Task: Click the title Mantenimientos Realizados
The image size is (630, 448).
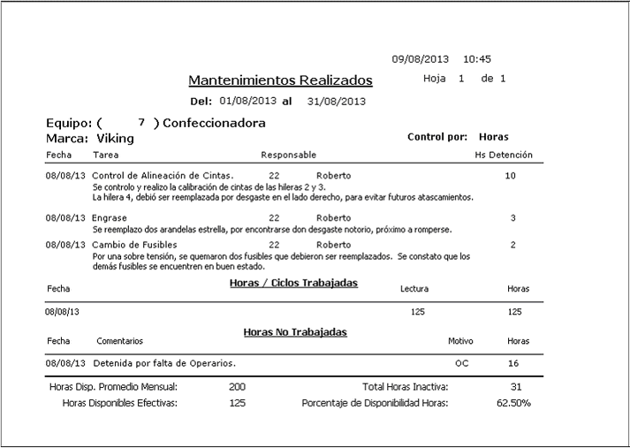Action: point(280,80)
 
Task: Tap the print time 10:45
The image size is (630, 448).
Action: point(477,59)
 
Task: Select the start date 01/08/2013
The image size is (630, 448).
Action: point(248,101)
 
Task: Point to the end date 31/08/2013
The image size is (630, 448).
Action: point(336,101)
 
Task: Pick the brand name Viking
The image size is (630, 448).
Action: point(116,139)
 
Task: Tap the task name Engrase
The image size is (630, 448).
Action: point(110,217)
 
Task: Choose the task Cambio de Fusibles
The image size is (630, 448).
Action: point(134,245)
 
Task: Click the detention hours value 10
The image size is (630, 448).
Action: point(510,176)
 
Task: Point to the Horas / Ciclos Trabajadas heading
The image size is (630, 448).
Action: point(293,283)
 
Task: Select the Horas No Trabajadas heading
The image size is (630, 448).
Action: point(295,332)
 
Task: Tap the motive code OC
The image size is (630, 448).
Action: point(461,363)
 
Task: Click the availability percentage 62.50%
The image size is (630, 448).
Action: point(514,403)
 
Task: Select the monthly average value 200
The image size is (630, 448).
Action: point(237,387)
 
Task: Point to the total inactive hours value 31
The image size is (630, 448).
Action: point(517,387)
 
